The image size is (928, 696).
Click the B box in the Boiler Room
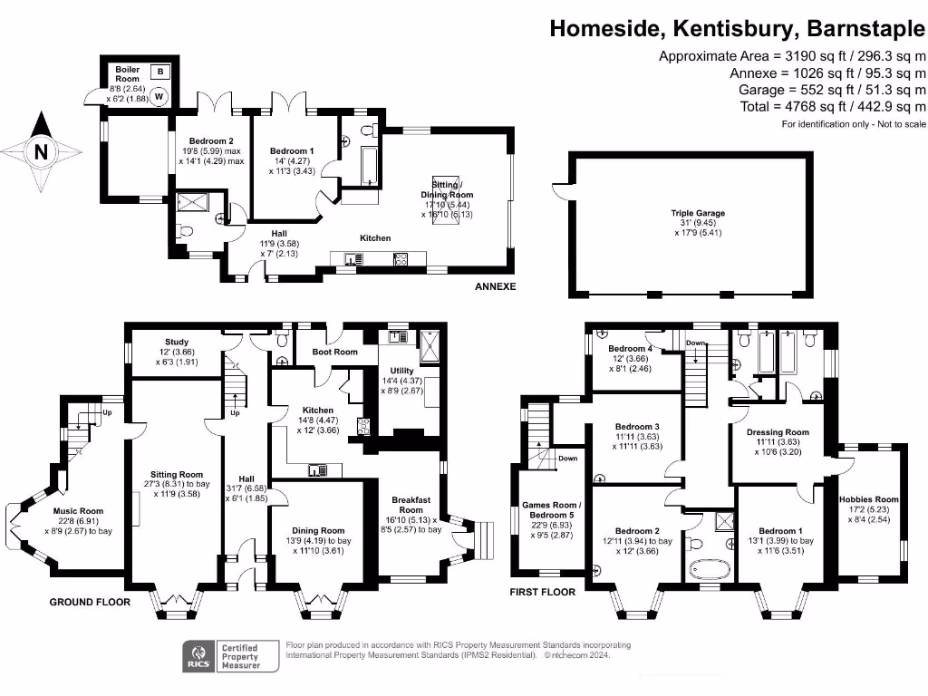click(x=160, y=71)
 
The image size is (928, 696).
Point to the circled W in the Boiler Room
click(x=159, y=95)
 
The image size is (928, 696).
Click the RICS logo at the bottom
click(x=198, y=655)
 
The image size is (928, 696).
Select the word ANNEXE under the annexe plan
click(x=495, y=287)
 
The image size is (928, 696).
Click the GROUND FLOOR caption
click(x=89, y=602)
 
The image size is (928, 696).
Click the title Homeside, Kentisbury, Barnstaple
click(x=738, y=28)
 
